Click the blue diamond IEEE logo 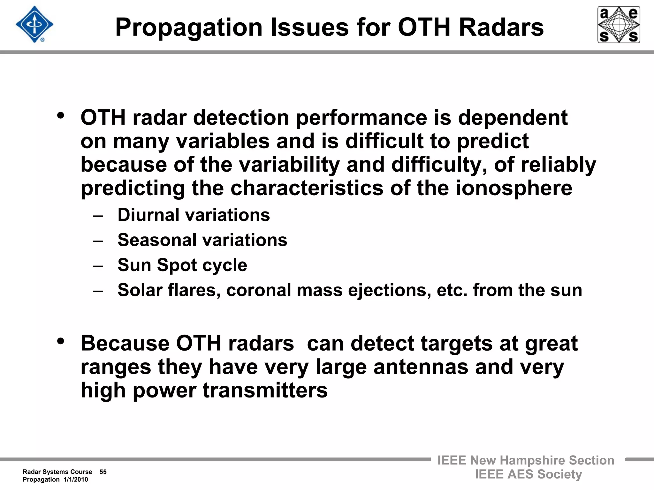(34, 24)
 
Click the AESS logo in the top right (619, 25)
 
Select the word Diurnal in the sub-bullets (148, 215)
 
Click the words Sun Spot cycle (182, 265)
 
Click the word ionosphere (514, 188)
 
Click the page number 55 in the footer (103, 472)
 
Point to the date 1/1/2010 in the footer (76, 479)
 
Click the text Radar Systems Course (57, 472)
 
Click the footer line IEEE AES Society (528, 474)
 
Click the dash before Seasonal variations (98, 241)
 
